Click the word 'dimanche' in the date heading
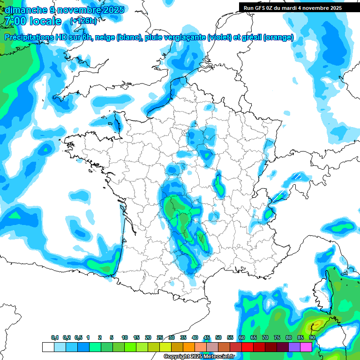tap(24, 10)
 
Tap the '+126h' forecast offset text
tap(83, 21)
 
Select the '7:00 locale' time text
tap(33, 21)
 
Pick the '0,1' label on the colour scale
tap(55, 337)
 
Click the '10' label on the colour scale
tap(125, 337)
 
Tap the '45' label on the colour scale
tap(207, 337)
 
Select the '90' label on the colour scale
tap(312, 337)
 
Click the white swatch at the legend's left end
tap(48, 347)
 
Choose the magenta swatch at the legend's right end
tap(306, 347)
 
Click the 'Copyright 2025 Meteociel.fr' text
tap(199, 357)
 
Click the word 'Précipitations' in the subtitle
tap(28, 37)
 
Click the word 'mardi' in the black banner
tap(291, 7)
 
